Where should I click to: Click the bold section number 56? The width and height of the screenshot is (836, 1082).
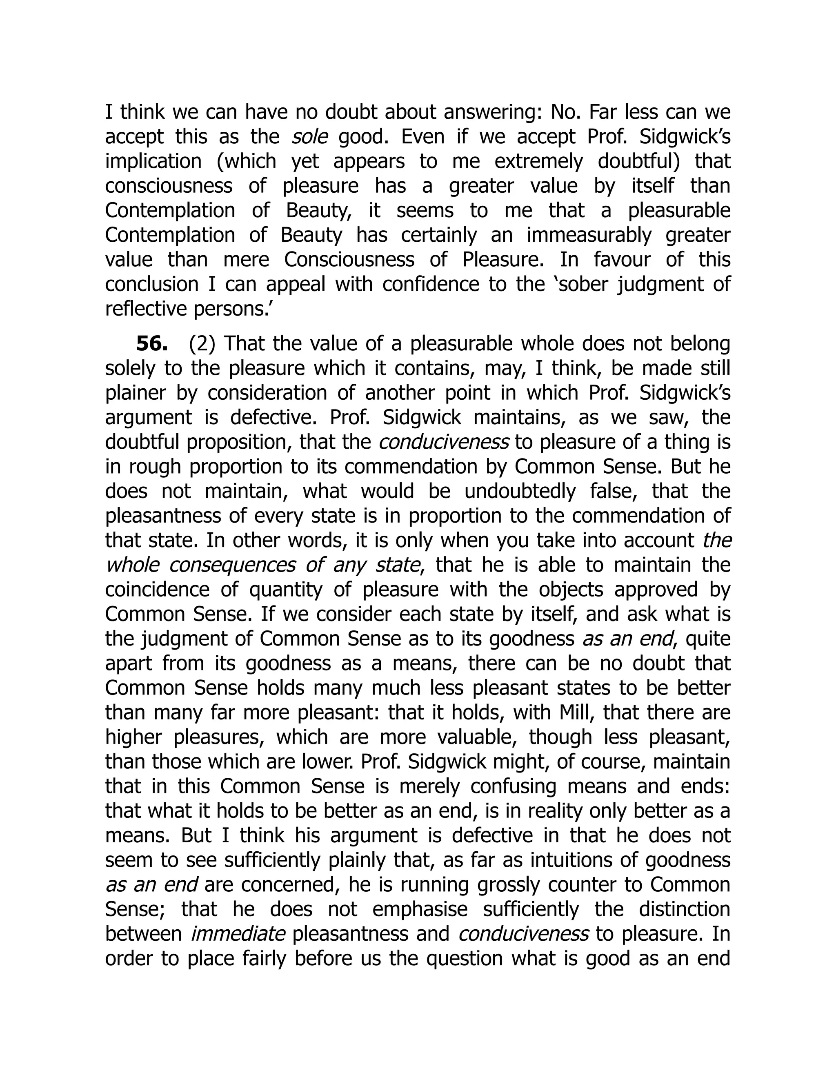pyautogui.click(x=151, y=344)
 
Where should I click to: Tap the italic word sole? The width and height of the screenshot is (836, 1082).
pyautogui.click(x=309, y=137)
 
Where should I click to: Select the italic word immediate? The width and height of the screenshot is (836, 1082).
pyautogui.click(x=238, y=934)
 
